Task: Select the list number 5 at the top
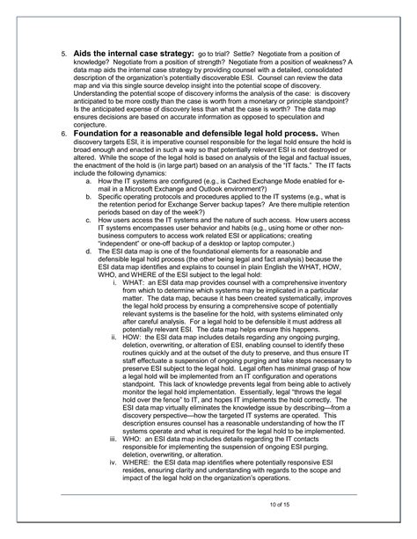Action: point(62,55)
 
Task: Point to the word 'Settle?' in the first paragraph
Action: point(254,55)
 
